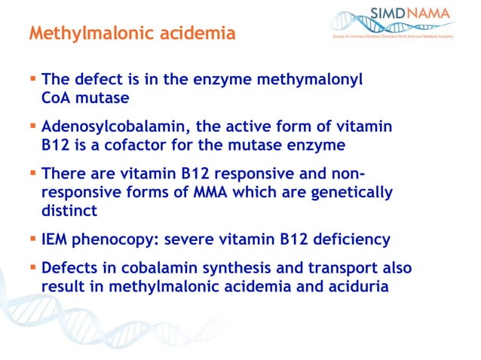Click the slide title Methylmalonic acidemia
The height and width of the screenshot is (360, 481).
131,34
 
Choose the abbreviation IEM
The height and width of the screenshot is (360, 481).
57,239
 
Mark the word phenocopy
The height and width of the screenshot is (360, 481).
123,239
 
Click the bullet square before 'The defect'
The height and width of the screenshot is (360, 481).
33,78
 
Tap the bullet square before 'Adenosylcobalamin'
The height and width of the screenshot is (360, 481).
33,124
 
